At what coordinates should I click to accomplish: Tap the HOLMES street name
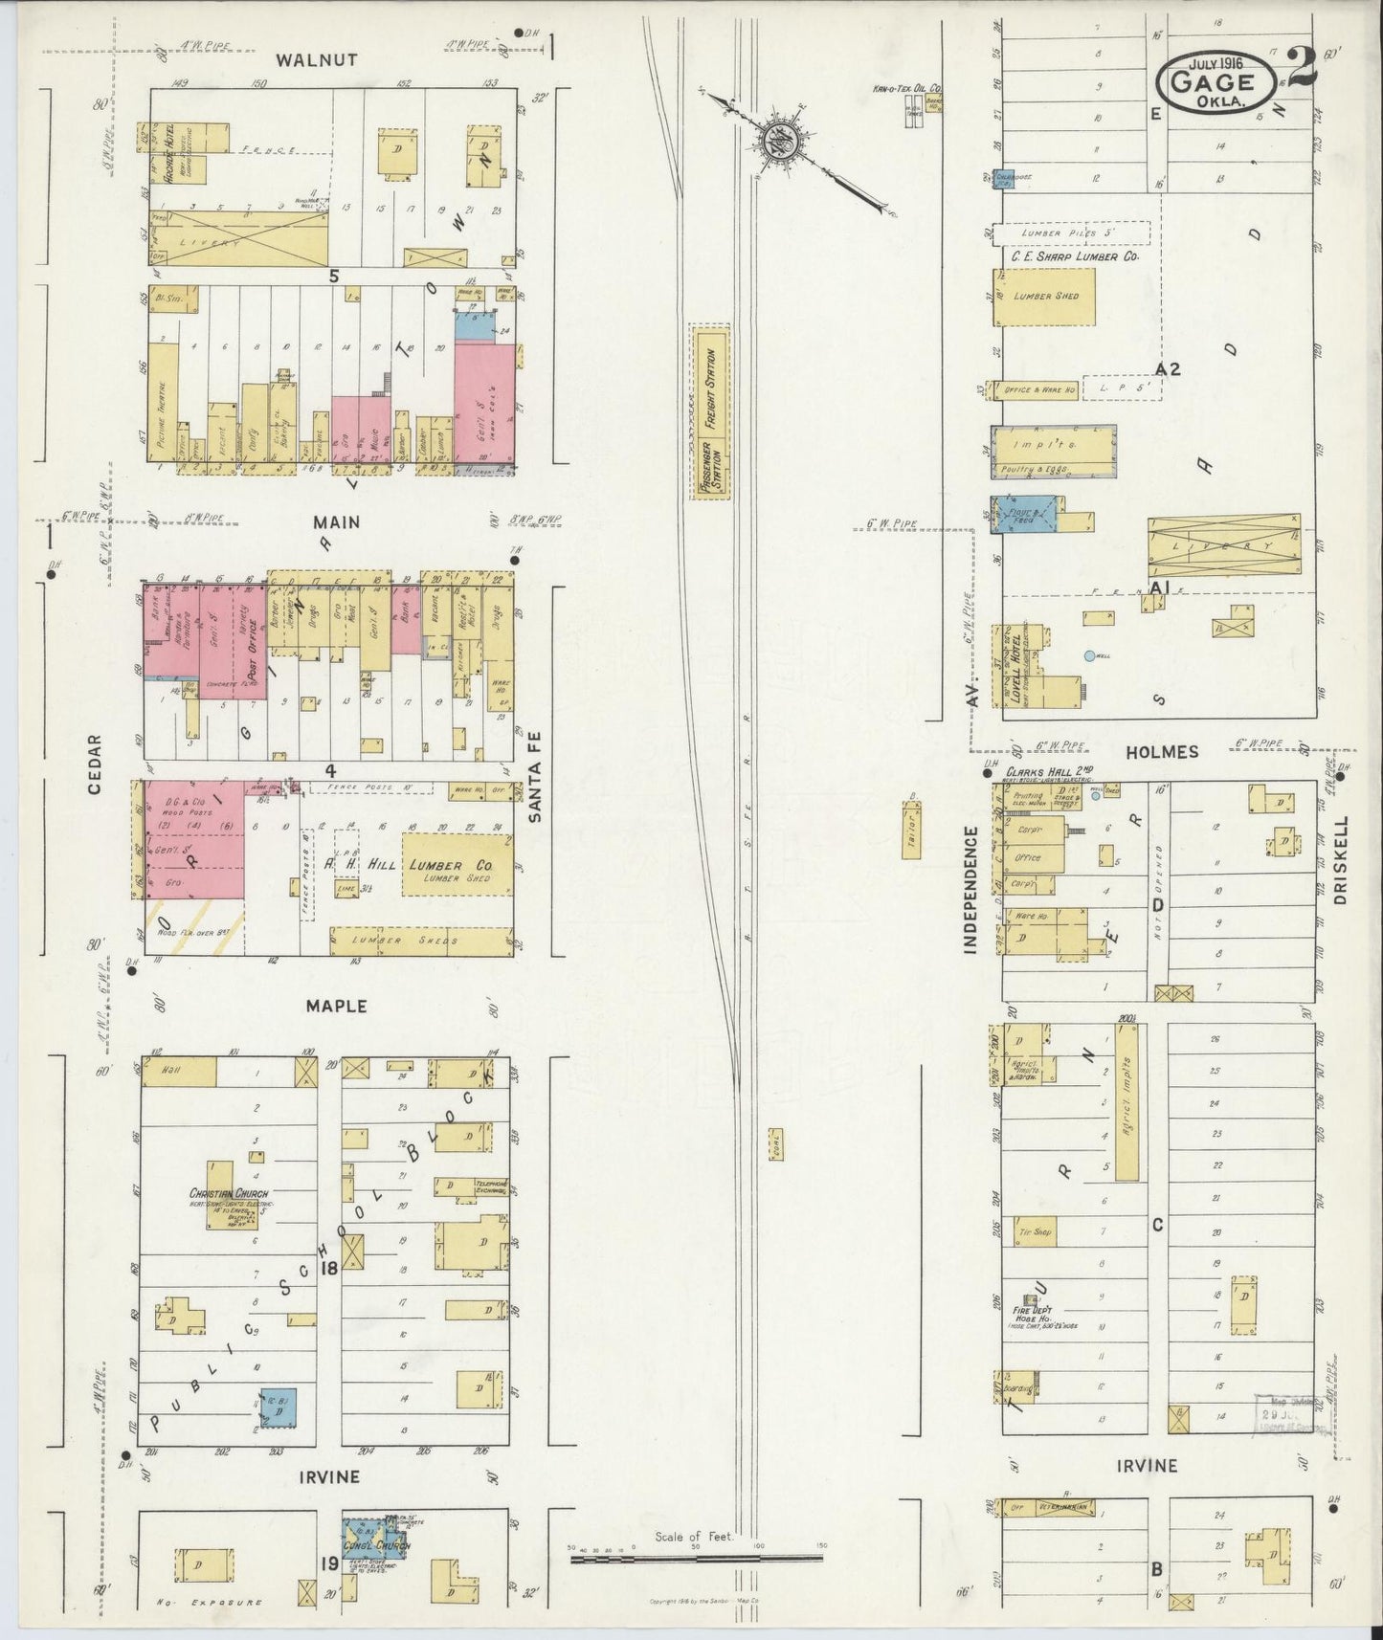[1162, 752]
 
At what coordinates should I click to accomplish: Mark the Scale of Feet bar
[696, 1559]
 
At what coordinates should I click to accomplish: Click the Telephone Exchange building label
[489, 1187]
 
